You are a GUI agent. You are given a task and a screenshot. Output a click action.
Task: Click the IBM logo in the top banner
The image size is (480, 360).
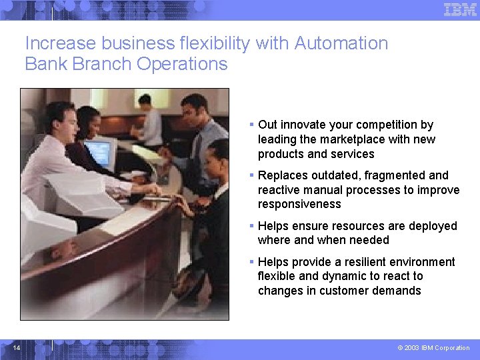pos(460,9)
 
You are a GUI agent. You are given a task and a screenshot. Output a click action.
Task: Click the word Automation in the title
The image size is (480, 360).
pos(341,43)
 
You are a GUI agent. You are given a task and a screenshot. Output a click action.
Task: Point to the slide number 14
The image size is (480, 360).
pos(17,348)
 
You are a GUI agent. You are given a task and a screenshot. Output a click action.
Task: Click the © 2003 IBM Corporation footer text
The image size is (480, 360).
pos(433,348)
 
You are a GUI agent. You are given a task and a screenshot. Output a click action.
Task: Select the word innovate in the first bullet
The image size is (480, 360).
pos(305,125)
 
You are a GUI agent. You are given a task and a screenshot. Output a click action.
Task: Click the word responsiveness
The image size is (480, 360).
pos(299,204)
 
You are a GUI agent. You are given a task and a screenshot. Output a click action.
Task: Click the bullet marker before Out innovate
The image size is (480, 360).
pos(251,125)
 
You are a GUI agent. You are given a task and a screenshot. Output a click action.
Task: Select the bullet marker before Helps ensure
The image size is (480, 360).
pos(251,226)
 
